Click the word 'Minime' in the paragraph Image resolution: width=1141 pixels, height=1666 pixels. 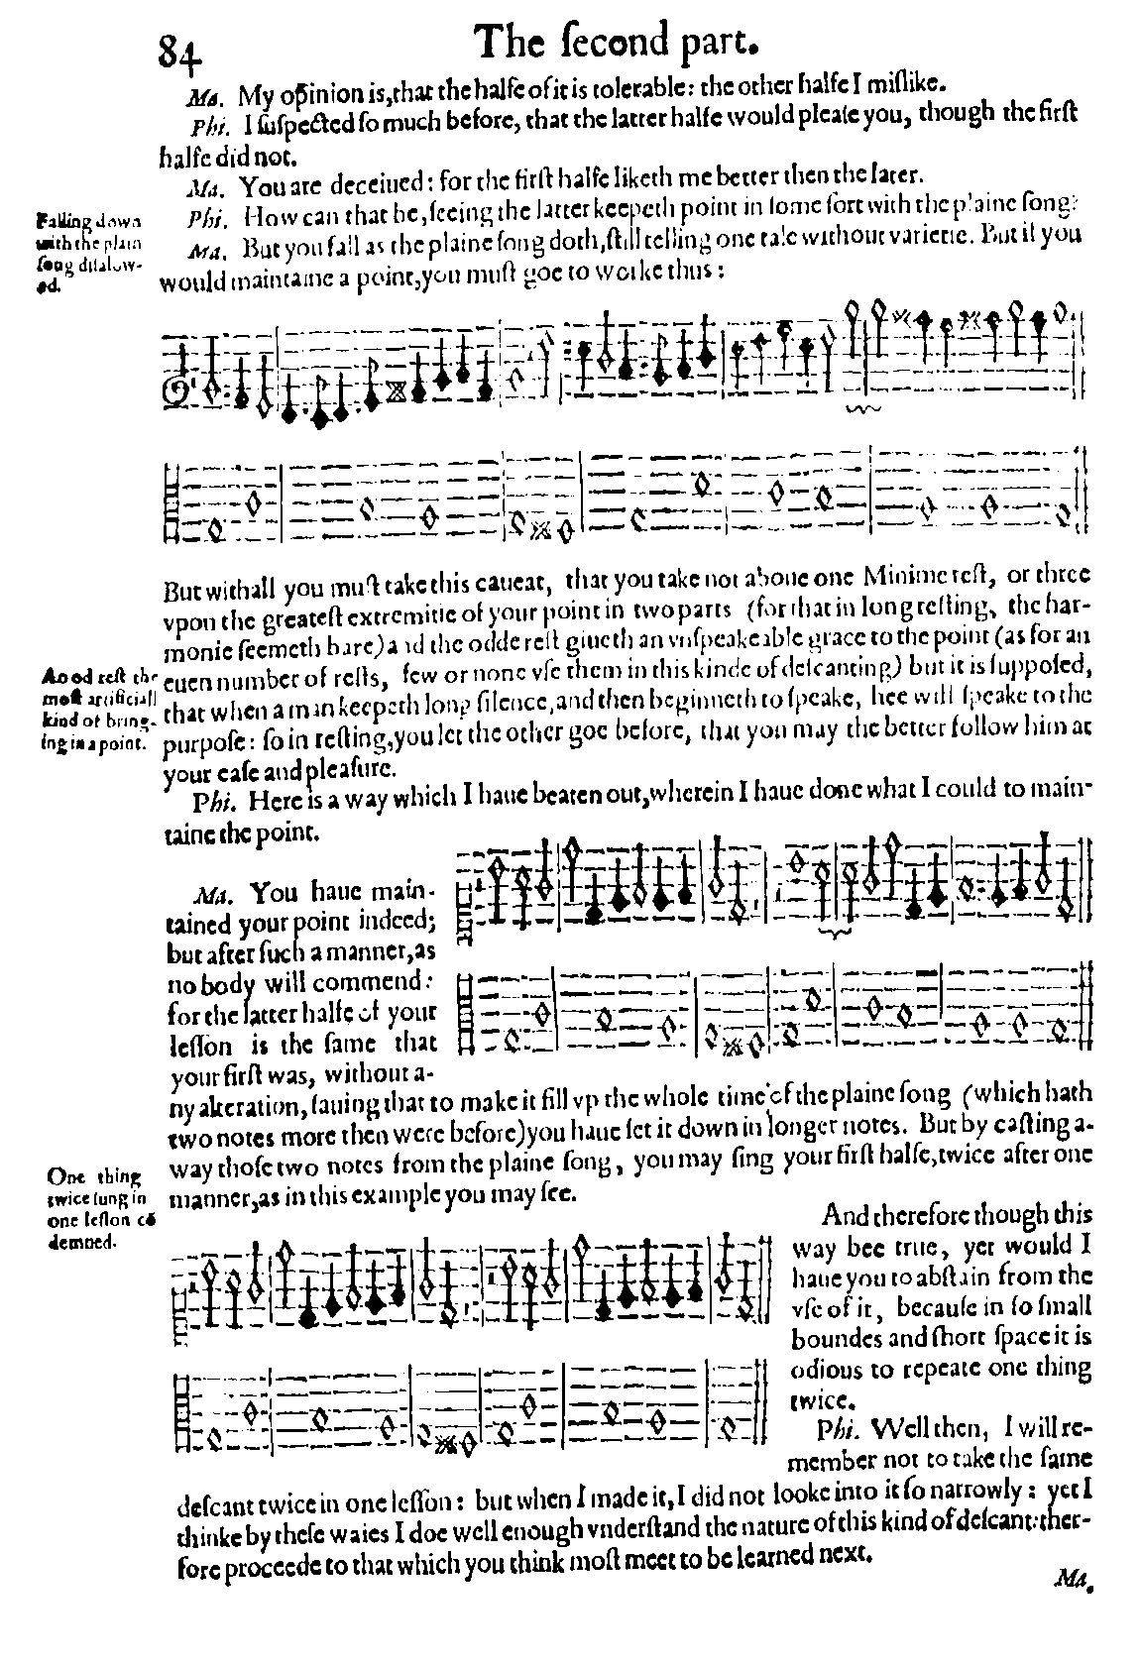click(x=902, y=575)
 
